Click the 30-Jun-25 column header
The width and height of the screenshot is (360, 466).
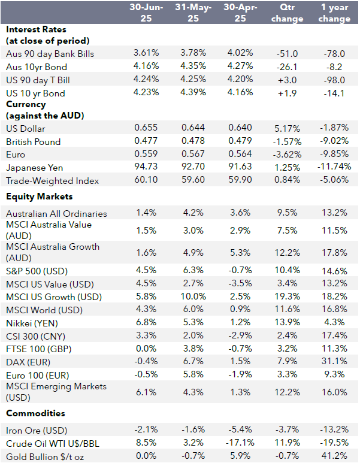(x=143, y=13)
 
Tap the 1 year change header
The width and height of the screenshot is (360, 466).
(x=334, y=13)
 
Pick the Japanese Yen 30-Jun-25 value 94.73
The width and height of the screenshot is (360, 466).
(x=143, y=167)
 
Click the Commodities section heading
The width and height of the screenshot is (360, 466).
(x=35, y=413)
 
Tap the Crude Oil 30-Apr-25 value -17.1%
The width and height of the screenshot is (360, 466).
(x=238, y=444)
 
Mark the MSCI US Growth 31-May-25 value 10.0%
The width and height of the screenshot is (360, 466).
(x=190, y=297)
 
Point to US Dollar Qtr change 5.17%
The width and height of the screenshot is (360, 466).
(x=286, y=128)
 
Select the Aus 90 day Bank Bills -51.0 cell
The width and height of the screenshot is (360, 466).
(x=286, y=54)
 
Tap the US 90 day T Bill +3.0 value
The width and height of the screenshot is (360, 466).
(x=286, y=80)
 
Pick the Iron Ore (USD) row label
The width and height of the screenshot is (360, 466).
(x=37, y=431)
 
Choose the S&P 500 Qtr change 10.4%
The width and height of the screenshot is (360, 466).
(x=286, y=271)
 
